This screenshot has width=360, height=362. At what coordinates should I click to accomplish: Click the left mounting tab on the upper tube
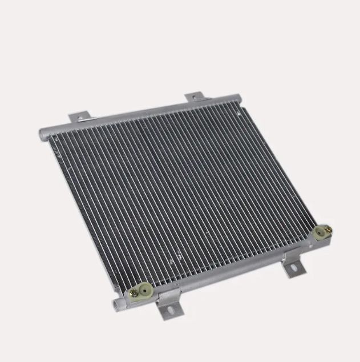[79, 118]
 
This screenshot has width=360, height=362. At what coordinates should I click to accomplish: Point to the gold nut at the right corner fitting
[327, 230]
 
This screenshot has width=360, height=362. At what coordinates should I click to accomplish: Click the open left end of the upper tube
[41, 136]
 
